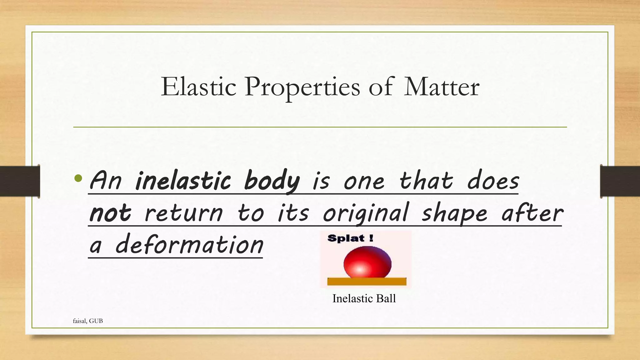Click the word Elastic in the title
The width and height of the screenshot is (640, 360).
198,87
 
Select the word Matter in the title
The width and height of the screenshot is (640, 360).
442,87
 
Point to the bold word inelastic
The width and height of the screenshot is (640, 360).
183,181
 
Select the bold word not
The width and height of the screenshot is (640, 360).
110,213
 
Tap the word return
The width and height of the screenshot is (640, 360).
184,214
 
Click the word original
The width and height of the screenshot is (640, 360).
366,214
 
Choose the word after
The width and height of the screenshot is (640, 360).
532,213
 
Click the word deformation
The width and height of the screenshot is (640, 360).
189,245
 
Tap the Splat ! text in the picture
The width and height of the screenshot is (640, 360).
350,239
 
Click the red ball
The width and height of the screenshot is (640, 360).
367,262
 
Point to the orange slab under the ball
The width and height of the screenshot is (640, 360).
367,282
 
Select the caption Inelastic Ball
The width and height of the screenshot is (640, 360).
364,299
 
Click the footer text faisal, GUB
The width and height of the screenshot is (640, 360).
88,321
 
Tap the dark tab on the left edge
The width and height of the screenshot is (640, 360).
20,181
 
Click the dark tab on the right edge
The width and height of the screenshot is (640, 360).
620,181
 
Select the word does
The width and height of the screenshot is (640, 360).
493,181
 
